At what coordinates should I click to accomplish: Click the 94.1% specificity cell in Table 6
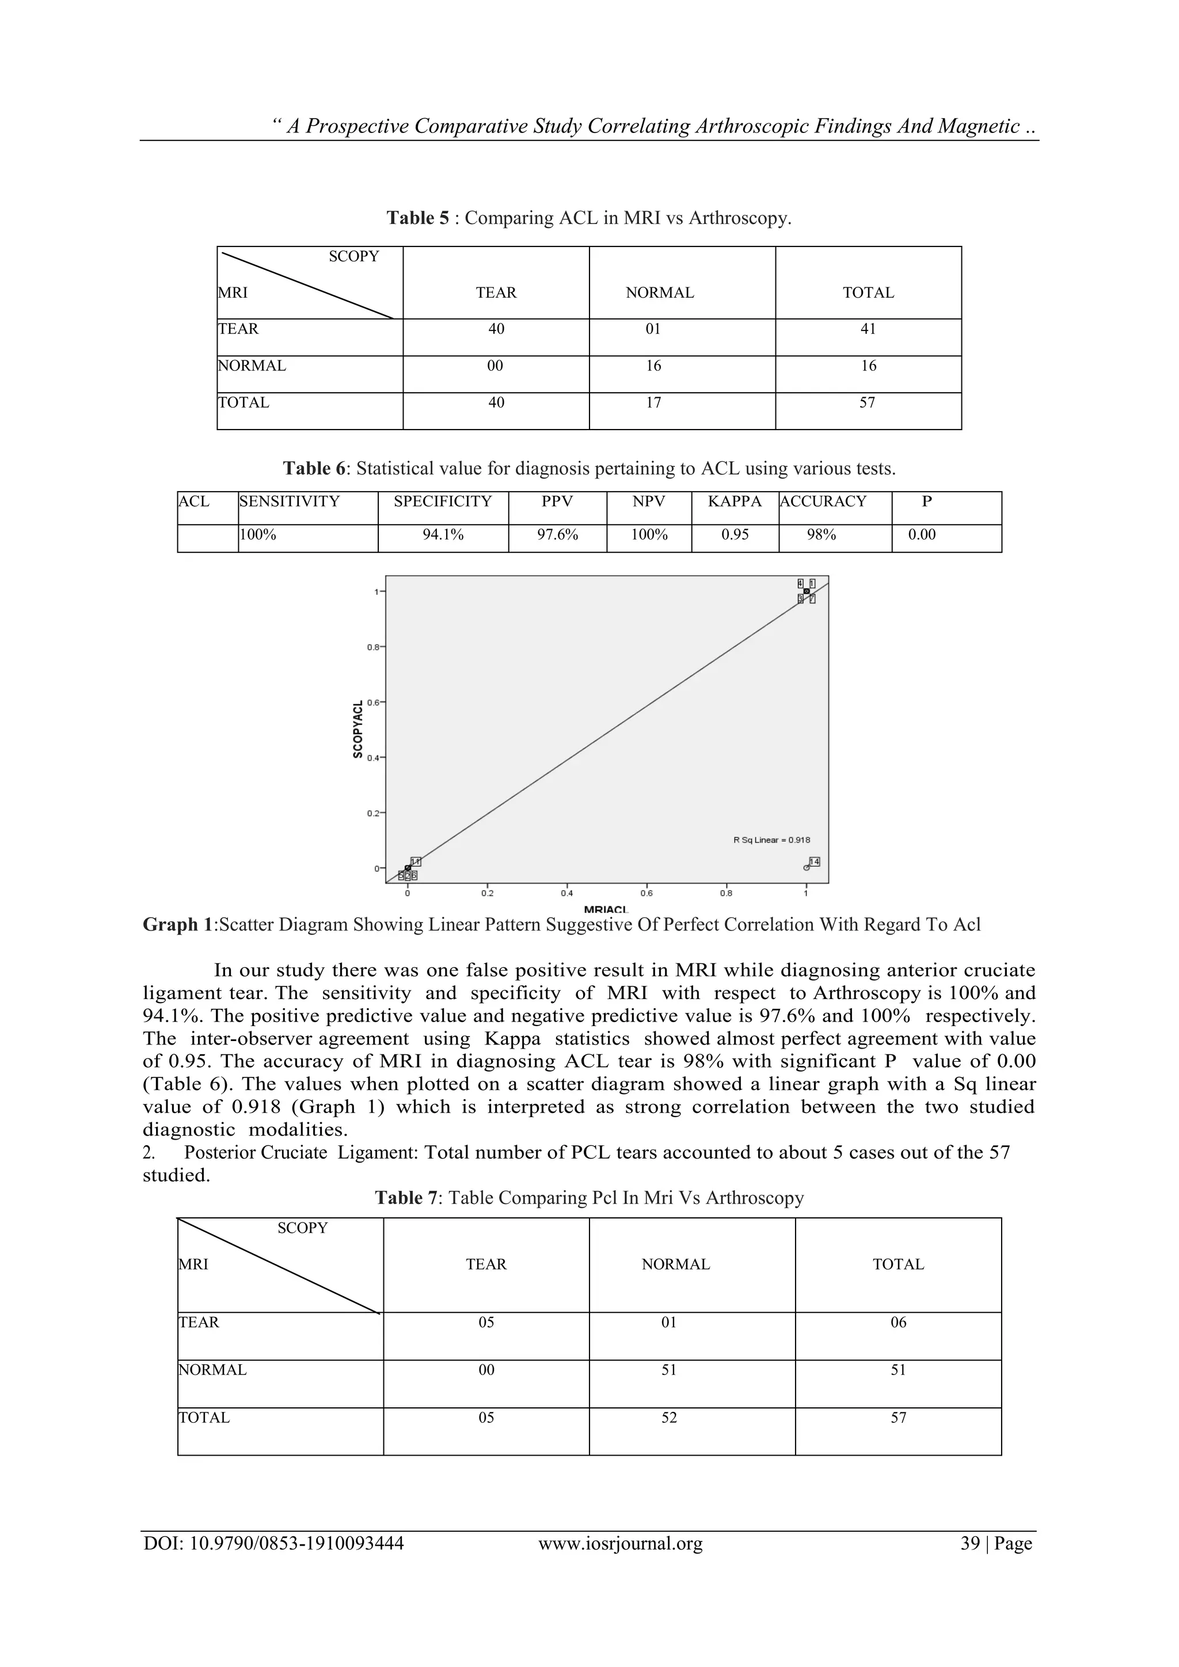tap(443, 535)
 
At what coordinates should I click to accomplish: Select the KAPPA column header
tap(735, 502)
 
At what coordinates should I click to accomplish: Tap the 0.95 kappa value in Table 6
tap(735, 535)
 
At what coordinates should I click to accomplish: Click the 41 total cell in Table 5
tap(868, 329)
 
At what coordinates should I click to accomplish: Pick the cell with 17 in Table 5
tap(653, 403)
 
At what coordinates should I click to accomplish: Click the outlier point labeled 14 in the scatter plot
tap(807, 868)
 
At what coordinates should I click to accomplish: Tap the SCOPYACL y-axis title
tap(357, 729)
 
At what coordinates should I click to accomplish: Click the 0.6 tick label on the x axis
tap(645, 894)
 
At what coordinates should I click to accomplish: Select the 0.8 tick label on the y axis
tap(373, 647)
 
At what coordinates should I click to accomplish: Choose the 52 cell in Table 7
tap(668, 1418)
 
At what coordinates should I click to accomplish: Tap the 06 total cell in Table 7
tap(898, 1323)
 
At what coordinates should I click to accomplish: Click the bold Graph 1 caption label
tap(180, 925)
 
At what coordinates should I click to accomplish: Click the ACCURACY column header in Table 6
tap(823, 502)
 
